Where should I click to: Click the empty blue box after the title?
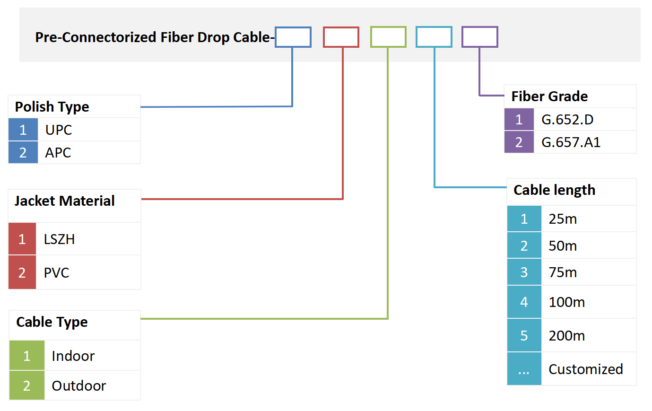293,37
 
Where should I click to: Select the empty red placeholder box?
341,37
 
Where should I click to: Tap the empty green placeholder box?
388,37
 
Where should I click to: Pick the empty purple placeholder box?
479,37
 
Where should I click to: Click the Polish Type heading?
52,107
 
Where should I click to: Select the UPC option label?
59,130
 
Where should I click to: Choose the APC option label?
58,153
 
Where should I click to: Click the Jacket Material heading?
64,201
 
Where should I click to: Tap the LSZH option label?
59,239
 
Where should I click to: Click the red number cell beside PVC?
22,272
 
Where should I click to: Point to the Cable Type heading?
52,322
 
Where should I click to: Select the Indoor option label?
73,356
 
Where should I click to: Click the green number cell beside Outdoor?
27,386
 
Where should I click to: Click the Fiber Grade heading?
549,96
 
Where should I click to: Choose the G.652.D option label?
567,120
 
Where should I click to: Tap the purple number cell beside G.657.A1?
519,142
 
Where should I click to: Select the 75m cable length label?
563,272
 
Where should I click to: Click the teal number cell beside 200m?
524,336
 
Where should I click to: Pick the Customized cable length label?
586,369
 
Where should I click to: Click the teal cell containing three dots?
524,369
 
